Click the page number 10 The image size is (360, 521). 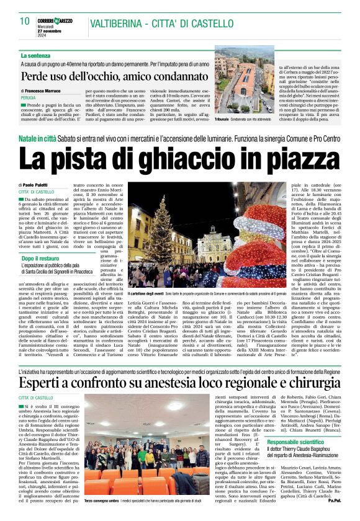(x=24, y=21)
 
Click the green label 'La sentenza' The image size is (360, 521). (x=37, y=56)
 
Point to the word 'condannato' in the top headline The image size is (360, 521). (x=169, y=77)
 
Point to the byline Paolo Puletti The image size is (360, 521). (x=40, y=185)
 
